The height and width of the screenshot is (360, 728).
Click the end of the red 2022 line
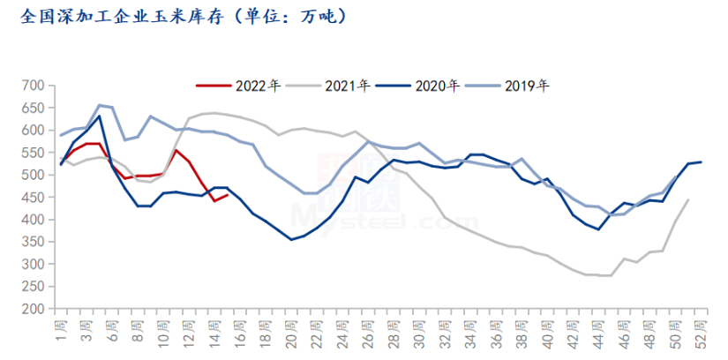[228, 194]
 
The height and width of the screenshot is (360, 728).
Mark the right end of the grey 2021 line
[688, 200]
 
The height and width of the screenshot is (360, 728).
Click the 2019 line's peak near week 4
[99, 105]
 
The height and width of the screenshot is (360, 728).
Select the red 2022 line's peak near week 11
[176, 150]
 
